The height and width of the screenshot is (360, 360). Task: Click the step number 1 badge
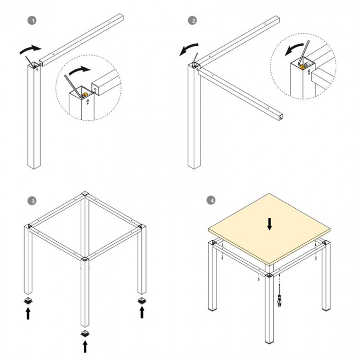32,21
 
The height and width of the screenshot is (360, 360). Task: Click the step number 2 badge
192,21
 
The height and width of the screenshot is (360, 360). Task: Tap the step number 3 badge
32,201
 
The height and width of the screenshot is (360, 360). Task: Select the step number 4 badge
211,200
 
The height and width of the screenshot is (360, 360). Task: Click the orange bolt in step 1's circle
85,94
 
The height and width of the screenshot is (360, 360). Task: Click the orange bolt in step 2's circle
302,67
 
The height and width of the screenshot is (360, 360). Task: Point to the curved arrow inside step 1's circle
79,70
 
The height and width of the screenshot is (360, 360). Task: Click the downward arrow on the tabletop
269,224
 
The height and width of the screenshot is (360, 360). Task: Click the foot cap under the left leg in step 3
28,301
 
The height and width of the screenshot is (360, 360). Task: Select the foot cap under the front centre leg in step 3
85,334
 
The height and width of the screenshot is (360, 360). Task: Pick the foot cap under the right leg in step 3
142,301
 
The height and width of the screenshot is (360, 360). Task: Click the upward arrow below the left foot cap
28,313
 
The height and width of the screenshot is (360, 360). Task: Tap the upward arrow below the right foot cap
142,312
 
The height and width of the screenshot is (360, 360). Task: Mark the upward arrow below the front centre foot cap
85,346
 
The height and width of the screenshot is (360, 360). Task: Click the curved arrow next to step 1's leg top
30,49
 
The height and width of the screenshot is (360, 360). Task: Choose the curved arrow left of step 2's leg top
188,49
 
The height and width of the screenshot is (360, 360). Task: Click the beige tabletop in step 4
269,229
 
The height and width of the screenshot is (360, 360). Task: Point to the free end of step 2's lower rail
280,117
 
